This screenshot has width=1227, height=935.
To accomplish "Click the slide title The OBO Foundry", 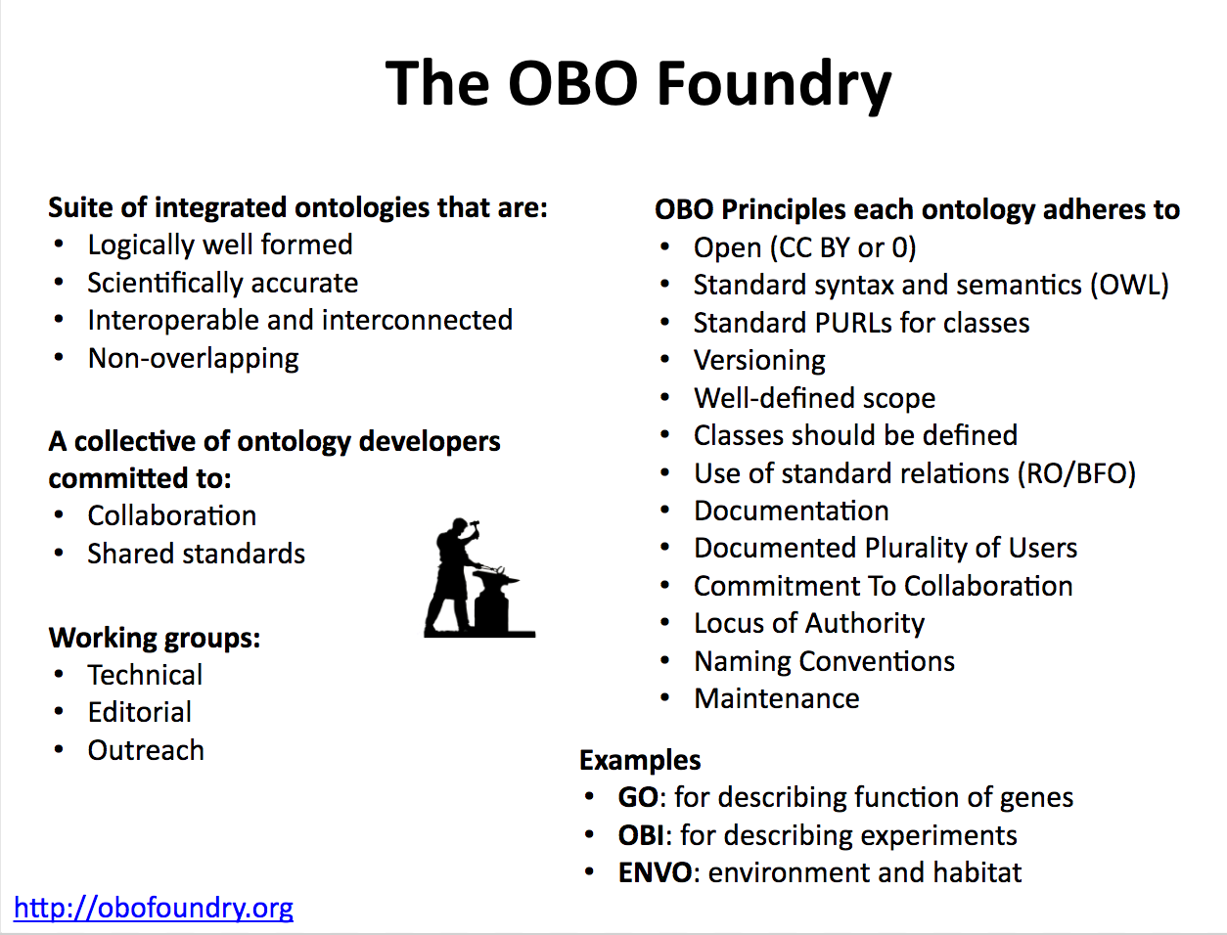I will (638, 84).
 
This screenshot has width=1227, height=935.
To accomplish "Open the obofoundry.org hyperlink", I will (154, 908).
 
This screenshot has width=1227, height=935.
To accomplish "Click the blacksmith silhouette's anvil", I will (496, 599).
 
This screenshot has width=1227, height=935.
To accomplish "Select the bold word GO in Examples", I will (637, 798).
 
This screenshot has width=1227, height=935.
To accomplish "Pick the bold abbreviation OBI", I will (641, 836).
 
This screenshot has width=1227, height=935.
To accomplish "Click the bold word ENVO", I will (655, 873).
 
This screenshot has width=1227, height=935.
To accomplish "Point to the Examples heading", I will (640, 760).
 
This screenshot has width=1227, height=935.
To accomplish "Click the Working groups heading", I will (155, 638).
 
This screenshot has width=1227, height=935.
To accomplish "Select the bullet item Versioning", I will (759, 361).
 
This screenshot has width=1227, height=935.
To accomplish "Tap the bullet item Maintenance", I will (776, 699).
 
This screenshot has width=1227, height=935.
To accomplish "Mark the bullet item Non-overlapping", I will (193, 359).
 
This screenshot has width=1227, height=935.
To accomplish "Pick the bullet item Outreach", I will (146, 751).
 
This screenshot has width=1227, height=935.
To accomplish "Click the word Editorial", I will (140, 713).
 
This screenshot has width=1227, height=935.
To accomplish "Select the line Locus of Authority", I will (808, 624).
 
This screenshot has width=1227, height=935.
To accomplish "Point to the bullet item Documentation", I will (791, 512).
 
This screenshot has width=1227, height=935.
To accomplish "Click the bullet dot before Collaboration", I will (60, 515).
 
